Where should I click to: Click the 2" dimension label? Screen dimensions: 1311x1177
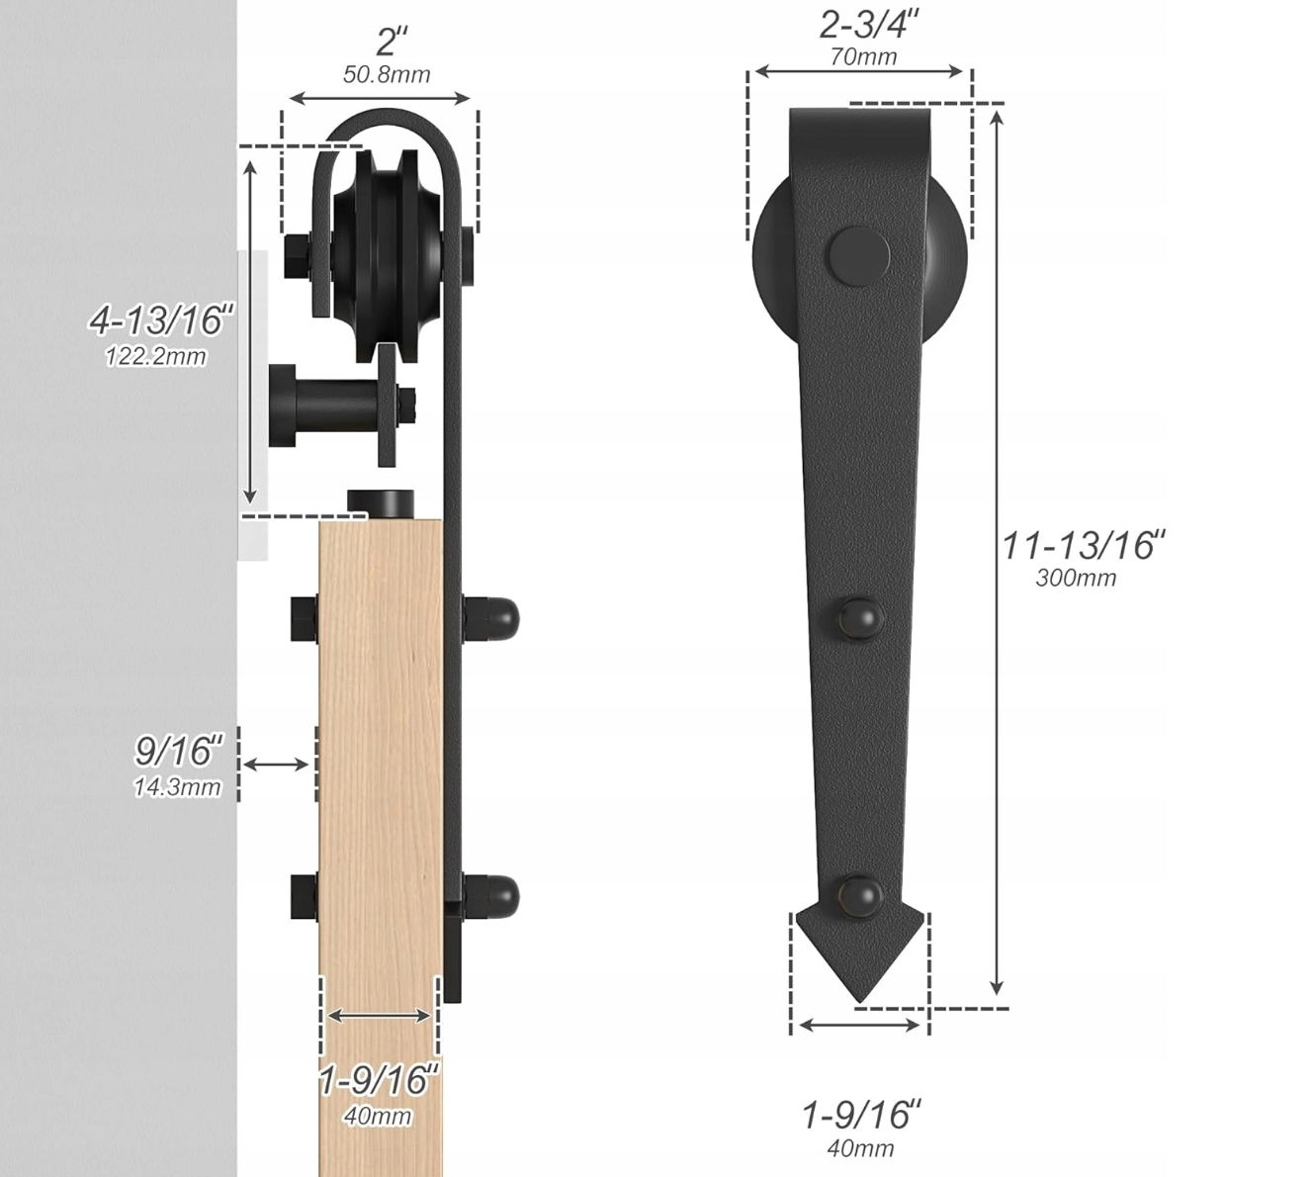tap(393, 43)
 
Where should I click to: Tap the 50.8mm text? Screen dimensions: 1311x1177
tap(387, 74)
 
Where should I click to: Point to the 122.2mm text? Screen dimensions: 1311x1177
tap(156, 356)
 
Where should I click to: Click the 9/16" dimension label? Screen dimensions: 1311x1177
tap(179, 751)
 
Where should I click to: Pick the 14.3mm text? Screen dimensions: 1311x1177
tap(177, 786)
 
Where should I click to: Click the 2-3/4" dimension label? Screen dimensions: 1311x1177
tap(869, 26)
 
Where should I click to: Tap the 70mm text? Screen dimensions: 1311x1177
tap(863, 57)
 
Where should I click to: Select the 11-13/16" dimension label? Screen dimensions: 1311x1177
tap(1084, 544)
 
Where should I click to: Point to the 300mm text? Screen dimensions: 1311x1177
tap(1076, 578)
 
